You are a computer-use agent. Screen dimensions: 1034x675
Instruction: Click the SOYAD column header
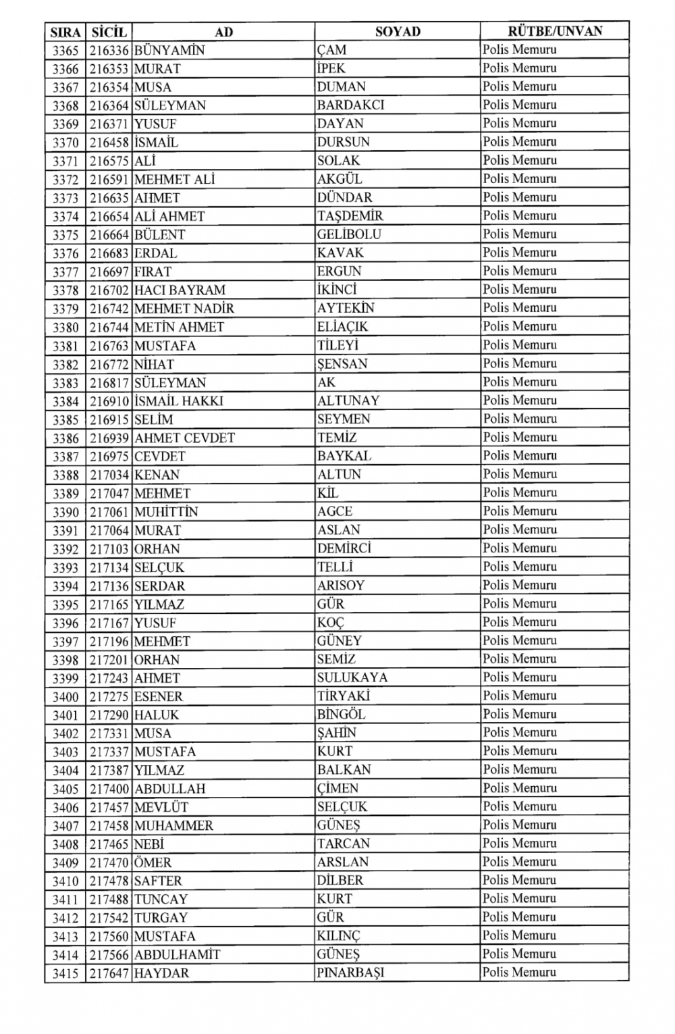click(x=398, y=31)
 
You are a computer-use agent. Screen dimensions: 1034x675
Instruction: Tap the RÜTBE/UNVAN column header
click(x=555, y=31)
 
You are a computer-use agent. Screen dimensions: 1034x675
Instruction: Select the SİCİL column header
click(x=109, y=32)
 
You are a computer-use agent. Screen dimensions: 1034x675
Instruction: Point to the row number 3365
click(x=65, y=50)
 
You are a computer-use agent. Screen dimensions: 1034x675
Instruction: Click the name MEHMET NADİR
click(x=184, y=309)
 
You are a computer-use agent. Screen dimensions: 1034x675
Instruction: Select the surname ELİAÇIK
click(x=343, y=327)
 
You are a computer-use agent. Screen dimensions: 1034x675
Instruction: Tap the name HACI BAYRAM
click(x=180, y=290)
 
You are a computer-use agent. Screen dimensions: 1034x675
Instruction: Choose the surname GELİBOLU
click(x=349, y=234)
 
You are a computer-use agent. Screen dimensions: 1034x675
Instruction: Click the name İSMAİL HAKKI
click(x=179, y=400)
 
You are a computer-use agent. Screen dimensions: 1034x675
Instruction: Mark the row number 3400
click(x=65, y=697)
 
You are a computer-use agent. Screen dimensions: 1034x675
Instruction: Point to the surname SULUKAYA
click(x=352, y=678)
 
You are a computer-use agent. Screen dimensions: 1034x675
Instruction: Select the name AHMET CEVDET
click(x=184, y=438)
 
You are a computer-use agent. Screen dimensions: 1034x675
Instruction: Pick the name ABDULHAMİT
click(x=177, y=955)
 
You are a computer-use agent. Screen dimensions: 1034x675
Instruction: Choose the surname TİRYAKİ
click(x=344, y=696)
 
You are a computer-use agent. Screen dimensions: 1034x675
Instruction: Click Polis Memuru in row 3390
click(x=520, y=511)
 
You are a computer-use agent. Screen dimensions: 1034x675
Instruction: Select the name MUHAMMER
click(x=173, y=826)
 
